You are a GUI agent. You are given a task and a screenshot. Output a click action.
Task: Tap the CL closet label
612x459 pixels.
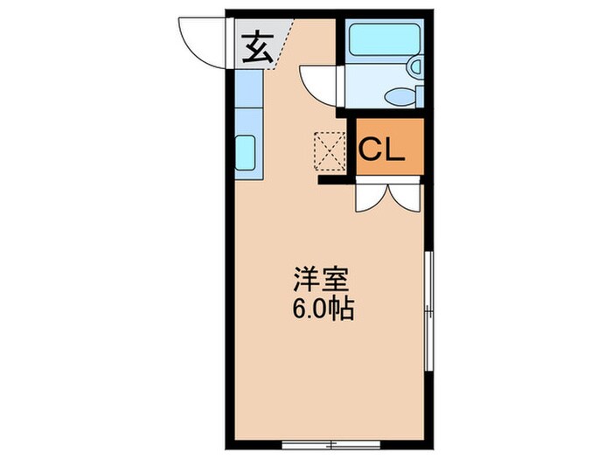click(x=381, y=150)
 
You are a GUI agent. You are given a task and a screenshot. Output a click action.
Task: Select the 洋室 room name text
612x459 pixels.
click(x=321, y=282)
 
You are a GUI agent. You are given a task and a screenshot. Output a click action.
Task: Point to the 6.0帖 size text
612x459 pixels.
click(x=321, y=309)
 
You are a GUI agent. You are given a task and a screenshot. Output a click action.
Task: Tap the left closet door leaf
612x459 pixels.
click(x=371, y=197)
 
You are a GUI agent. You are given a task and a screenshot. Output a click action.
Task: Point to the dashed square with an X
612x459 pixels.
click(x=331, y=150)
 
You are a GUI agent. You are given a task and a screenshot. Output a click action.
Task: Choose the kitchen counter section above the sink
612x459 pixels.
click(x=248, y=101)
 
